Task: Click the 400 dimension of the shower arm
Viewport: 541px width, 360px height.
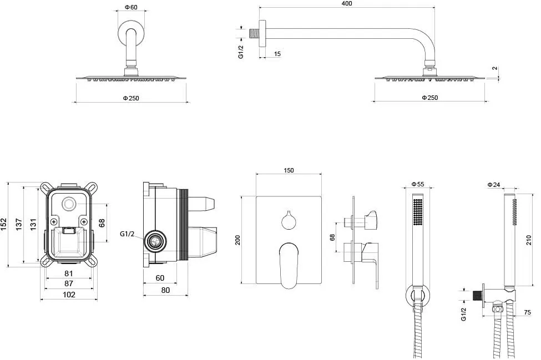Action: tap(346, 3)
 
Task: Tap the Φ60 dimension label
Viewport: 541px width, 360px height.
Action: tap(131, 7)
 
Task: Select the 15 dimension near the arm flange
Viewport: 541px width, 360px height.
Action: tap(277, 54)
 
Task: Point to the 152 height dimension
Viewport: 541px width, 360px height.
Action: tap(3, 225)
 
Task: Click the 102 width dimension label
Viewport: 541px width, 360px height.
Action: tap(69, 295)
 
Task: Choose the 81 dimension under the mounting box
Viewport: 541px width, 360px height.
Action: tap(69, 273)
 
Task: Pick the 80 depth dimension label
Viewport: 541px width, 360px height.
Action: tap(165, 290)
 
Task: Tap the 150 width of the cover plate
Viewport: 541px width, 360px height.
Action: tap(289, 170)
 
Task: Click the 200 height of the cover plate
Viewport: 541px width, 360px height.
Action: tap(237, 240)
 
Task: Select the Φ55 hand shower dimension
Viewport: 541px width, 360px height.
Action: tap(418, 185)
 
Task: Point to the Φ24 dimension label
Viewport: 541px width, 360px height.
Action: tap(494, 185)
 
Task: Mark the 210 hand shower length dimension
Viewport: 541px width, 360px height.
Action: tap(529, 240)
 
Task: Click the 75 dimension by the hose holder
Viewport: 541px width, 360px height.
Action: tap(527, 312)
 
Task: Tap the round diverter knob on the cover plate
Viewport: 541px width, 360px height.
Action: tap(289, 220)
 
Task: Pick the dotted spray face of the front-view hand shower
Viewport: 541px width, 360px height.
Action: tap(418, 211)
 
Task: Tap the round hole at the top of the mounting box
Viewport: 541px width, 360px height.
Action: tap(69, 204)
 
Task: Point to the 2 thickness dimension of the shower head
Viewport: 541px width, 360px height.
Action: tap(495, 68)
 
